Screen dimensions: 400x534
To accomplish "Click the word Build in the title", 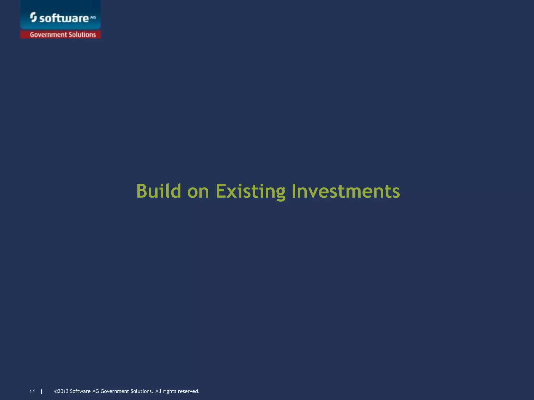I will point(159,191).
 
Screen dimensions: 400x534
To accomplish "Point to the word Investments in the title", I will point(345,191).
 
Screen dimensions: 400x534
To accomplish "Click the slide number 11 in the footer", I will point(32,391).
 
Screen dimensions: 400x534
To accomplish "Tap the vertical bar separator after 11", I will point(41,391).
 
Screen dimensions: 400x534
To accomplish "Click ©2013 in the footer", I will point(61,391).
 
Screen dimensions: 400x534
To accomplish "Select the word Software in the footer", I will point(80,391).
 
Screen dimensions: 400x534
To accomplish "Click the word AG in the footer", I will point(95,391).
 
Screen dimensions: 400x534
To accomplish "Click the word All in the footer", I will point(158,391).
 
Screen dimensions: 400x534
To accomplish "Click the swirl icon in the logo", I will point(33,17).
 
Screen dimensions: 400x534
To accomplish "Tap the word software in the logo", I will point(64,18).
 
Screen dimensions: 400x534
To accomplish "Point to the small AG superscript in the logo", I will point(93,17).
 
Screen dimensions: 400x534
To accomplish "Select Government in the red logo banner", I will point(48,35).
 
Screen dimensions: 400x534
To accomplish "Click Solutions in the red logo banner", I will point(82,35).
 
